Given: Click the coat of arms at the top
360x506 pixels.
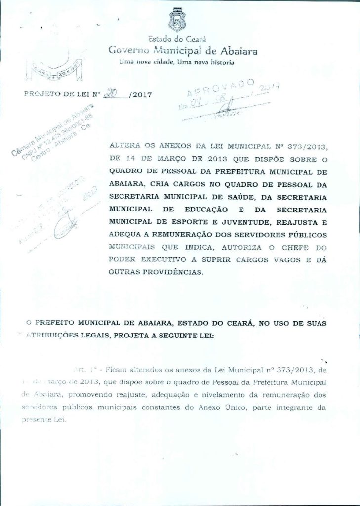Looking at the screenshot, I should [x=177, y=20].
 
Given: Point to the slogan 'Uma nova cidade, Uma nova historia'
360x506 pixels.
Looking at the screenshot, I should [x=177, y=62].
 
